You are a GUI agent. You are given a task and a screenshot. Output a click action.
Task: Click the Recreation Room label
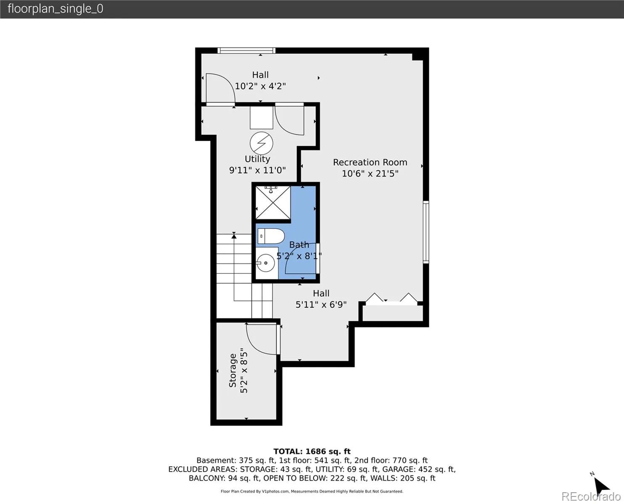[x=370, y=163]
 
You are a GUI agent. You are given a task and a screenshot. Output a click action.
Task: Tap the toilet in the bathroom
[x=271, y=236]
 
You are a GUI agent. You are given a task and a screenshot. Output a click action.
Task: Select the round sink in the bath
[x=266, y=263]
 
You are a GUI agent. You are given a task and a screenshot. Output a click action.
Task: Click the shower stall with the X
[x=273, y=202]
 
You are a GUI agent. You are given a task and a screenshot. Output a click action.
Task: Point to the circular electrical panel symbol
[x=261, y=143]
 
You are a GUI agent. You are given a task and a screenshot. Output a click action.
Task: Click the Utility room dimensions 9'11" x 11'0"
[x=257, y=170]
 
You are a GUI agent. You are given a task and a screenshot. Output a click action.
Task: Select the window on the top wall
[x=246, y=50]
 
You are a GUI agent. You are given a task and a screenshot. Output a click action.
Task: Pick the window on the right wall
[x=426, y=232]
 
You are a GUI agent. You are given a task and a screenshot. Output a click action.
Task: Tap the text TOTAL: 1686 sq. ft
[x=312, y=451]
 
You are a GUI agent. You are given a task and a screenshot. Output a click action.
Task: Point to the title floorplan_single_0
[x=56, y=9]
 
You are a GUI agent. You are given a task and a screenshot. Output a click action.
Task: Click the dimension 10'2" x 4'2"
[x=260, y=86]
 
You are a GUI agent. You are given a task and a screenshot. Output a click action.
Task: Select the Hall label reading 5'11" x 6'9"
[x=321, y=299]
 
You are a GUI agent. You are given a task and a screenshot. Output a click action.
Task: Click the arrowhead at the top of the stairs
[x=234, y=236]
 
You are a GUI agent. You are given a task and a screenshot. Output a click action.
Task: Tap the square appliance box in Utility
[x=261, y=117]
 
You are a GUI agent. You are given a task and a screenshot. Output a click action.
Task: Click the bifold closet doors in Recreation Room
[x=392, y=298]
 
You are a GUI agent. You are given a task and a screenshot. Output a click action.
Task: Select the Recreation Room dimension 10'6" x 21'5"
[x=370, y=173]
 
